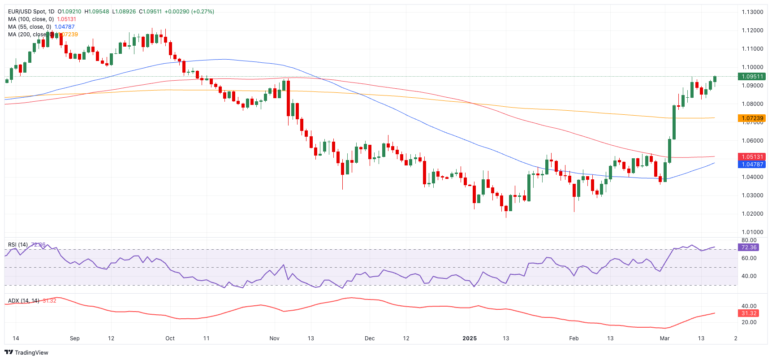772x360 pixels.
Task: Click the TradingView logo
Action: pos(26,352)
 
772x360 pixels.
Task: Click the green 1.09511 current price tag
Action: pos(752,77)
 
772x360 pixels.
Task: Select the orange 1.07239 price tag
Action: pos(752,118)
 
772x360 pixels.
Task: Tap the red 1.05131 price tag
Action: pos(752,157)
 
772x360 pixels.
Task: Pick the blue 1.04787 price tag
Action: pos(752,165)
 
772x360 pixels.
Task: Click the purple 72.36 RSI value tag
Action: pos(749,247)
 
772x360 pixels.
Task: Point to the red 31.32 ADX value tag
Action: pos(749,313)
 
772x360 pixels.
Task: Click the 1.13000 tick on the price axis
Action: pos(752,12)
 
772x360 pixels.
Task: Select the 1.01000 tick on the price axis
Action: pos(752,232)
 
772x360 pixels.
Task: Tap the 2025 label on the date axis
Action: pos(470,338)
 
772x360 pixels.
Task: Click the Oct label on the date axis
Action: pos(170,338)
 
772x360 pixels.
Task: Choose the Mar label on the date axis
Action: pos(664,338)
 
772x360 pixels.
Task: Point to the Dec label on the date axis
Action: pos(370,338)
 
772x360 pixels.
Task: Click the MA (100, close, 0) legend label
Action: pos(31,19)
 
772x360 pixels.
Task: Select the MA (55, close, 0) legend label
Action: pos(30,27)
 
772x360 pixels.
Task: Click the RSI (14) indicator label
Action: pos(18,245)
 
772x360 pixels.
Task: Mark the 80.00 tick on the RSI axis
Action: pos(749,240)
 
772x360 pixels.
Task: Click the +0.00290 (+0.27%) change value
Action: pos(189,12)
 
